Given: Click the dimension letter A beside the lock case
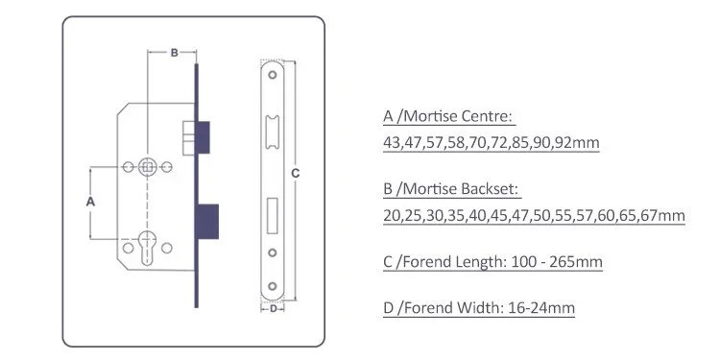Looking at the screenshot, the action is click(90, 202).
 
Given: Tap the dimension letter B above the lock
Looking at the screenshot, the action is click(174, 53).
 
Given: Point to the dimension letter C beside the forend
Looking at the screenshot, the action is click(296, 174).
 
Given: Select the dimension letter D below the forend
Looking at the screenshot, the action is click(274, 308).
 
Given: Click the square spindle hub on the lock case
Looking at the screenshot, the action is click(148, 167).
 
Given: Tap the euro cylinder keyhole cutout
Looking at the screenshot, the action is click(148, 248).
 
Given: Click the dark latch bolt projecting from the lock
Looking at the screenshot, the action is click(204, 137).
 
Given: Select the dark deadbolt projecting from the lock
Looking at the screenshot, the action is click(208, 222).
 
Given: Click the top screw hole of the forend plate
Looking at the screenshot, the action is click(273, 74).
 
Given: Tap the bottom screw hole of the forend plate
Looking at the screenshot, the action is click(273, 286).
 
